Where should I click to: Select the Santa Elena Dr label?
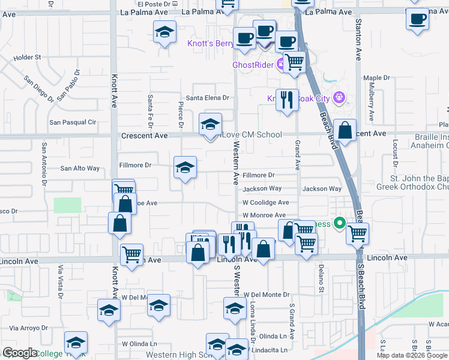pos(208,98)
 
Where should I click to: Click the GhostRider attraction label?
pos(253,65)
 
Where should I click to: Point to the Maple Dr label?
pos(376,78)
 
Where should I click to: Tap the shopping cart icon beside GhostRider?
pos(294,62)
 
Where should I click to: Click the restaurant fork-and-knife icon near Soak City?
pos(288,99)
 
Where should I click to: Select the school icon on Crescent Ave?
pos(209,125)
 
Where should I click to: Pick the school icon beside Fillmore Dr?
pos(185,167)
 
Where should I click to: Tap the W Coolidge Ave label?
pos(266,203)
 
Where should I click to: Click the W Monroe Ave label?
pos(264,215)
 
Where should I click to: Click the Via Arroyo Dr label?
pos(29,328)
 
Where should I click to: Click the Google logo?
pos(20,353)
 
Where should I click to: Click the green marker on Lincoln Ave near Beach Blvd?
pos(339,224)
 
